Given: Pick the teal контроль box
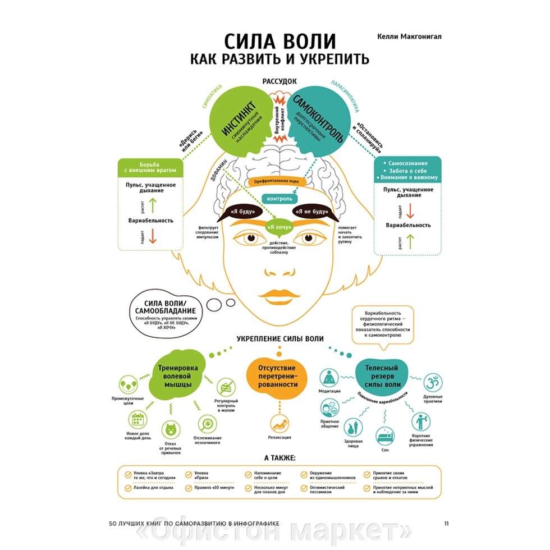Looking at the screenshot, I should point(279,199).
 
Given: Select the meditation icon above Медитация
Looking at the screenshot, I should point(329,377).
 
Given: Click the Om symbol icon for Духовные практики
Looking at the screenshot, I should point(432,383).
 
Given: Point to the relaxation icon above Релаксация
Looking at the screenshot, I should point(279,422).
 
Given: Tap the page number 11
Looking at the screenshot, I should point(446,524).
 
